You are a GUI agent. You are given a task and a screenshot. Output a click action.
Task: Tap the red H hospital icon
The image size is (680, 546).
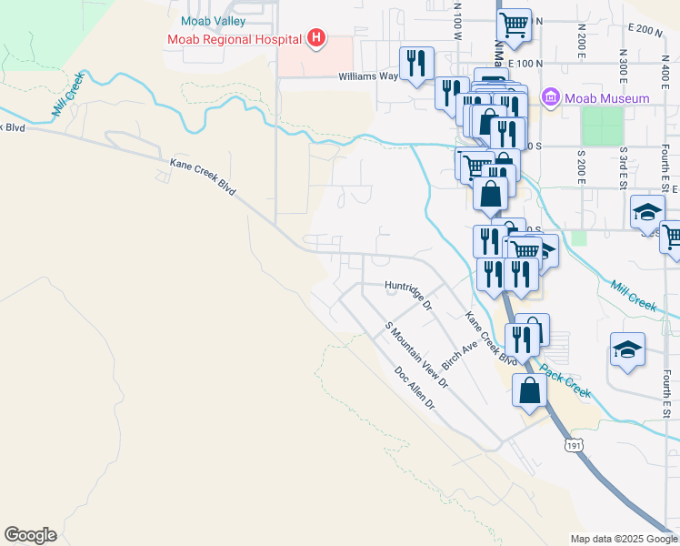[315, 38]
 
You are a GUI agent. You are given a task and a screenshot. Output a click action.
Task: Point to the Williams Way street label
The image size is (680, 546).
[369, 76]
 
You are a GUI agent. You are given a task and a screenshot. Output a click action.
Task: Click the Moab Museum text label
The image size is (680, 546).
[607, 98]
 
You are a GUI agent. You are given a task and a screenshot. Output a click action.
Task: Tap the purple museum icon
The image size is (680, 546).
[550, 97]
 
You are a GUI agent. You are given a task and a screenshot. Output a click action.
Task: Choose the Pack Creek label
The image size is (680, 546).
[565, 380]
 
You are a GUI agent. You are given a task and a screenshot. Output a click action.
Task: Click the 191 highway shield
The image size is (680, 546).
[573, 444]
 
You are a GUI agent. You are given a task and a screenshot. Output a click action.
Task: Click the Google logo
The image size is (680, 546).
[30, 535]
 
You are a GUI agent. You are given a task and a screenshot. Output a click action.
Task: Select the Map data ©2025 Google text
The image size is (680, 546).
[623, 539]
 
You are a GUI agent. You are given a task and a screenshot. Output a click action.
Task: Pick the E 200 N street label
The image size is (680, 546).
[646, 29]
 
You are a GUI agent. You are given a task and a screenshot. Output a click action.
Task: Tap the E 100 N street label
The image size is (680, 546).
[527, 63]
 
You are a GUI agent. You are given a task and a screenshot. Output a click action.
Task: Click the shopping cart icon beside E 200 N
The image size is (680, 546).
[515, 25]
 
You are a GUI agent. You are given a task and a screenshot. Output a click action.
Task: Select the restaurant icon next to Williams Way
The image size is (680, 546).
[416, 63]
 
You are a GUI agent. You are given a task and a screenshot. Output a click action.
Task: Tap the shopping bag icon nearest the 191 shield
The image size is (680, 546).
[529, 389]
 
